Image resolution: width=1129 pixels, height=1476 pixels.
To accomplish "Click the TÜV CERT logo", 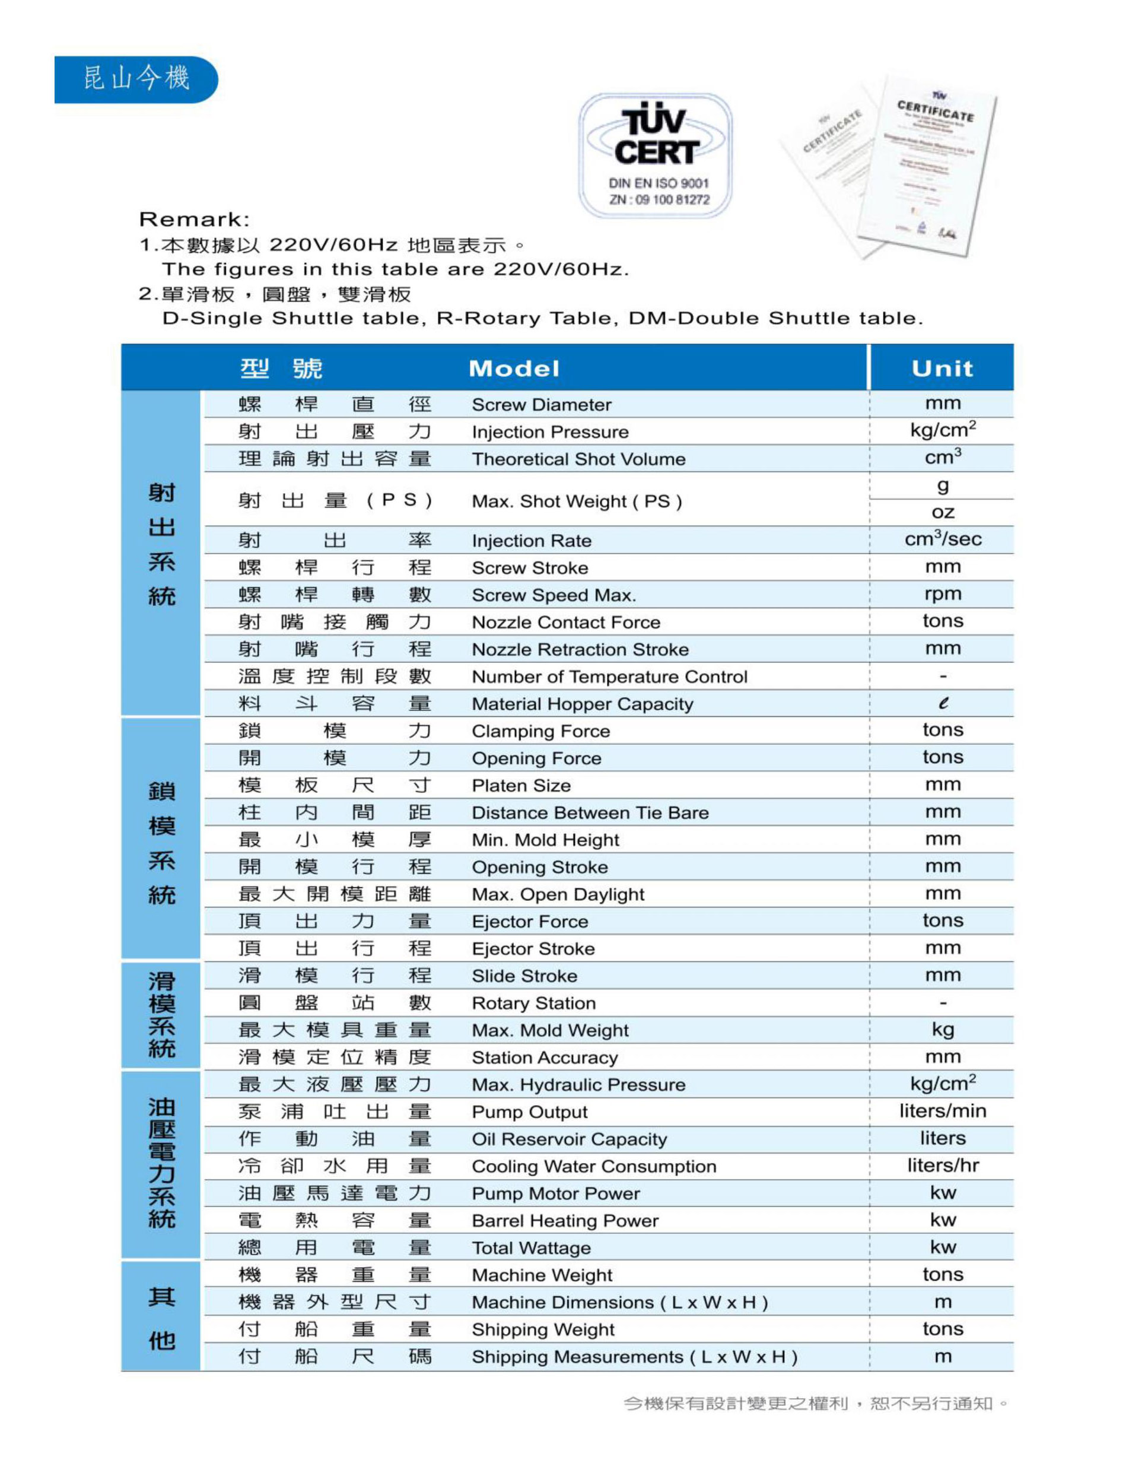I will (x=655, y=155).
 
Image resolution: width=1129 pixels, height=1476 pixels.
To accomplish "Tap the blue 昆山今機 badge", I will (x=136, y=80).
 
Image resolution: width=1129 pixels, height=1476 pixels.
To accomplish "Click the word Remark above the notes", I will (x=194, y=219).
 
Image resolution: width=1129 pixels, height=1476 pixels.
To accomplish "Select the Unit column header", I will (x=942, y=369).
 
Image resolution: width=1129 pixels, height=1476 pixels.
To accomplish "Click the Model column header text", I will (x=514, y=369).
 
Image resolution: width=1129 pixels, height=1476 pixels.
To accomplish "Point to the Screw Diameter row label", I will (x=542, y=405).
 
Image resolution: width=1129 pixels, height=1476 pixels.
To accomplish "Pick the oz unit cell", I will (x=942, y=512).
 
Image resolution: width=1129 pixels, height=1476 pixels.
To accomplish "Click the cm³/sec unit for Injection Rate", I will (x=942, y=539).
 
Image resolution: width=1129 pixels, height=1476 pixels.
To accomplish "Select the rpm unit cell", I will (x=942, y=594).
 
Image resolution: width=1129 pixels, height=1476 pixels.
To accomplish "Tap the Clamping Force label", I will (x=541, y=731).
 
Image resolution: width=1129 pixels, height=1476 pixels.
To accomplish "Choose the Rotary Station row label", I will (x=533, y=1003).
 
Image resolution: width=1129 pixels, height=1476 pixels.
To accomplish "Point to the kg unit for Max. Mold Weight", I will (x=942, y=1030).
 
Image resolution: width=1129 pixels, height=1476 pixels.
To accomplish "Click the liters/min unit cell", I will (x=942, y=1111).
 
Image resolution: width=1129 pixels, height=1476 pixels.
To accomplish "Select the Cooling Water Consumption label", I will (x=594, y=1166).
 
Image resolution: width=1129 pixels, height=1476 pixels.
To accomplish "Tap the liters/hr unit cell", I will (x=942, y=1166).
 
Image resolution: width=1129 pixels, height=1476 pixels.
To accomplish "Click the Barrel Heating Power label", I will (x=565, y=1221).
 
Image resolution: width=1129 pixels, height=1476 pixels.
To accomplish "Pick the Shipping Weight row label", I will (x=543, y=1329).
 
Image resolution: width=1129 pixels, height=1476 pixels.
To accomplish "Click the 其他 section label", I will (x=161, y=1318).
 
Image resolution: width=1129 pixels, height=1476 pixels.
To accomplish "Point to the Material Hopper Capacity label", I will (x=583, y=704).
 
